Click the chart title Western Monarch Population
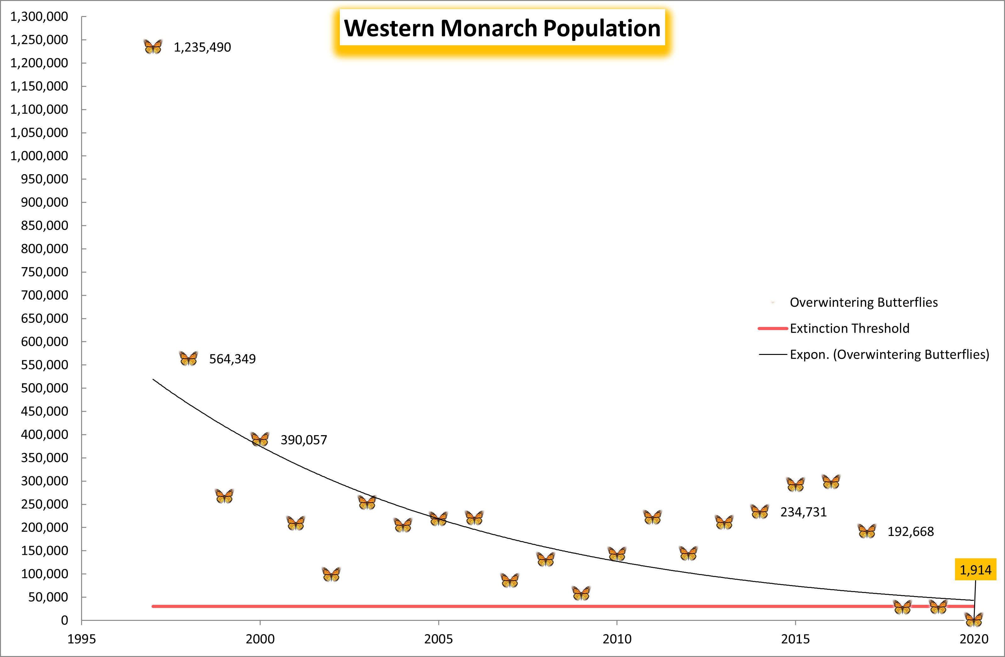coord(502,28)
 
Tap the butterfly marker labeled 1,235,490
coord(153,47)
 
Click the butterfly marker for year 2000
coord(260,439)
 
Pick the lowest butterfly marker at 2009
coord(581,593)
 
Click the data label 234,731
coord(803,512)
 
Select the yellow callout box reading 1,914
coord(975,570)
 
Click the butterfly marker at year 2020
coord(974,619)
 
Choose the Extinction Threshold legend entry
coord(849,328)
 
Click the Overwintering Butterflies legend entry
coord(864,302)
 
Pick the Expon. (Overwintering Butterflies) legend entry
coord(889,354)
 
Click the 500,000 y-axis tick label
coord(44,388)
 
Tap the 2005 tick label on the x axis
coord(438,639)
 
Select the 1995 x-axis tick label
coord(81,639)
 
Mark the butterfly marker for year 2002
coord(331,574)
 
